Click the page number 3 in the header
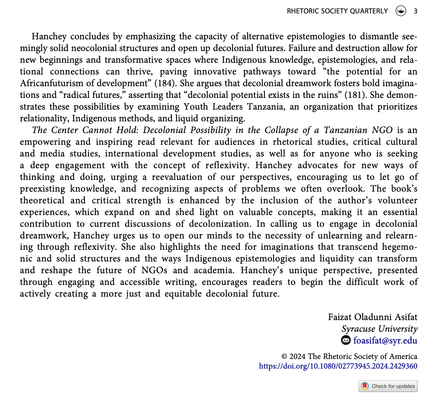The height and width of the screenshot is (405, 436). (x=415, y=11)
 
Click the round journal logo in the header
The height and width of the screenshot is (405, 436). (x=401, y=11)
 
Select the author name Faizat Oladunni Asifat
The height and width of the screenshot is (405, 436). (x=372, y=317)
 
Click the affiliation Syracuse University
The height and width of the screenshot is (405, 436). (x=380, y=328)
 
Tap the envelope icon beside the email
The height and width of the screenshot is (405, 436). (x=346, y=340)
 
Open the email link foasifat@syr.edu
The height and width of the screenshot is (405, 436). (x=385, y=340)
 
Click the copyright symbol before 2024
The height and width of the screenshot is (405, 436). (x=284, y=357)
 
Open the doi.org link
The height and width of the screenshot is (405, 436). (x=338, y=366)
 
